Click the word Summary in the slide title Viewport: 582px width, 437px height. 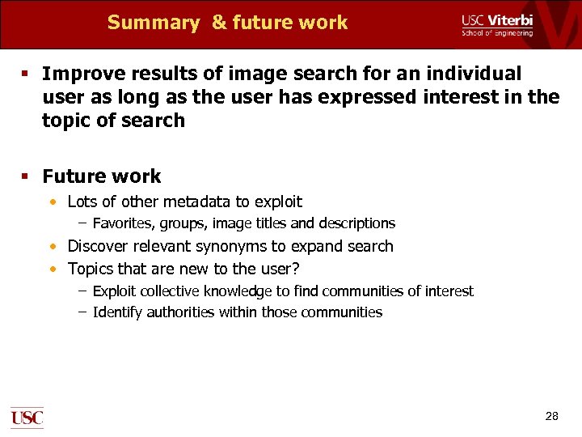(x=153, y=23)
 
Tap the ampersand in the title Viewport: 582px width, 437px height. (x=219, y=23)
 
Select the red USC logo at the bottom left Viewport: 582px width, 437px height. (x=27, y=418)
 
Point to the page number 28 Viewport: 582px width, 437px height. (x=552, y=416)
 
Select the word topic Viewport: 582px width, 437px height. (x=65, y=121)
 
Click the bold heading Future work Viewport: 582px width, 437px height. (x=101, y=176)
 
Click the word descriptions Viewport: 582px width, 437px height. (x=356, y=223)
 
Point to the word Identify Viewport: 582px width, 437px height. (x=117, y=312)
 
